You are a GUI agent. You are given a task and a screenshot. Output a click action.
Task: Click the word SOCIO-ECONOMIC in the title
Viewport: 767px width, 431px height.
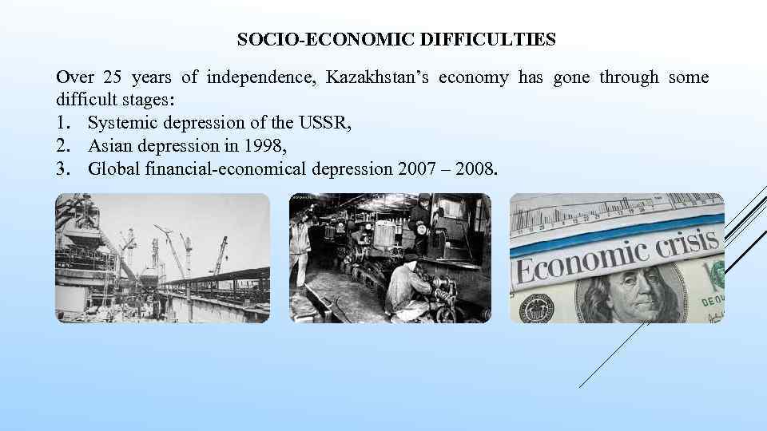point(298,38)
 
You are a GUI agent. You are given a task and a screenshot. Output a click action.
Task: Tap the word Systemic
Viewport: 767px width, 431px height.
point(119,124)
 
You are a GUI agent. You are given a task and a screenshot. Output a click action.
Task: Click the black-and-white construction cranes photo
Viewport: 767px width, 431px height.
point(162,258)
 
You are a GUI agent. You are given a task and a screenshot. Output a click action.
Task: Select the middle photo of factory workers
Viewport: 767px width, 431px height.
point(390,258)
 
